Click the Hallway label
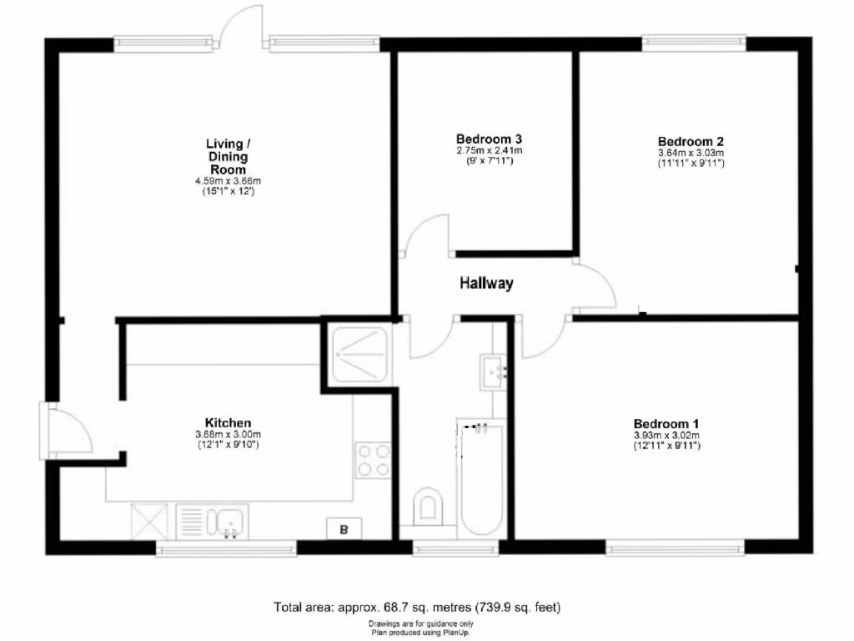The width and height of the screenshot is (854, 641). pos(487,284)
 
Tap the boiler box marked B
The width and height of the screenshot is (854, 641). pos(343,527)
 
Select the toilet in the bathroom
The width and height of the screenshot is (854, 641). pos(428,506)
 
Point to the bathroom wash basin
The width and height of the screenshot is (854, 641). pos(494,371)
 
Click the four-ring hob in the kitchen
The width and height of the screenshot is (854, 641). pos(374,460)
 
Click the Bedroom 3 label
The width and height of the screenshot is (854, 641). pos(489,139)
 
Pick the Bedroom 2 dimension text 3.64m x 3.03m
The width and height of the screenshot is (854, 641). pos(690,153)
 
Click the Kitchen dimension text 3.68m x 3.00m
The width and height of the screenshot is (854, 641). pos(228,434)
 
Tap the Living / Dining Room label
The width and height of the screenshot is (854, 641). pos(228,157)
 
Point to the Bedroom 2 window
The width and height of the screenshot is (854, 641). pos(694,39)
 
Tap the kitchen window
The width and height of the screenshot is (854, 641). pos(226,548)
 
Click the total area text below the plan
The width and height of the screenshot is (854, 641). pos(424,607)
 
